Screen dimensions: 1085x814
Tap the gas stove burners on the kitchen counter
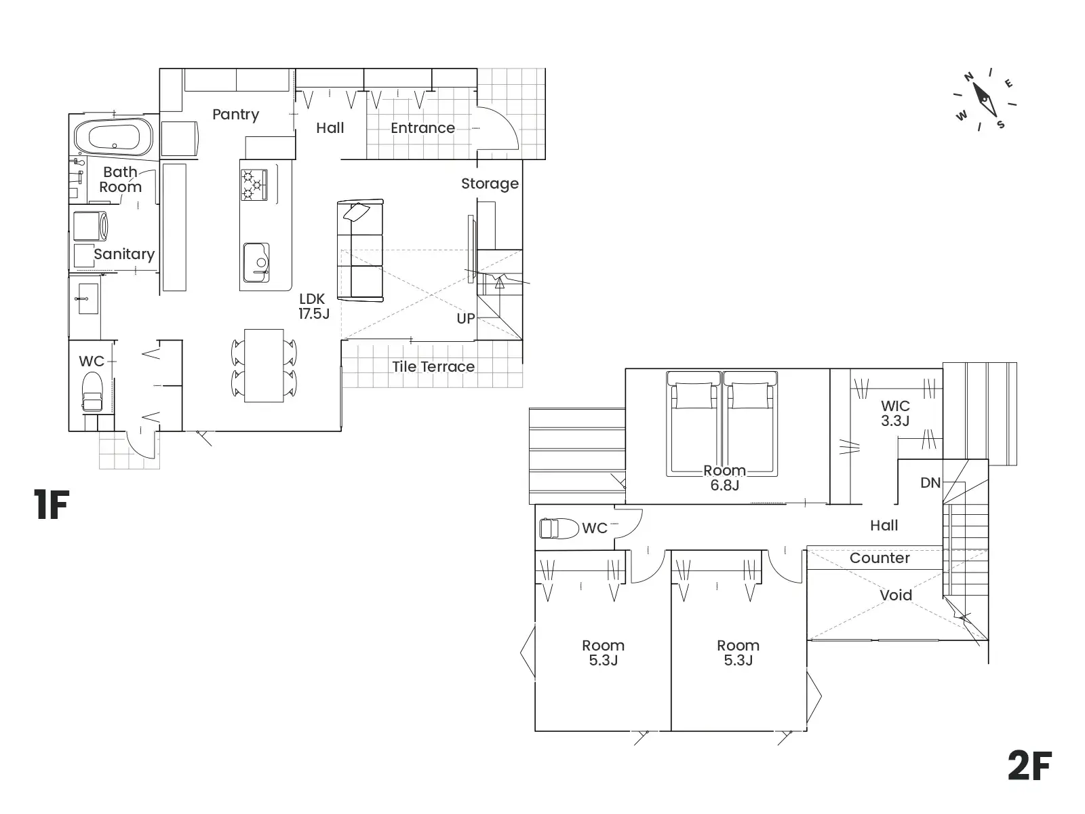click(x=254, y=185)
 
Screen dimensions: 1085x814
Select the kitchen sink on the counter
click(x=256, y=263)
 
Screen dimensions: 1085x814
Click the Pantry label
click(x=236, y=115)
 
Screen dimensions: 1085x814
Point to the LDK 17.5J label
click(x=313, y=306)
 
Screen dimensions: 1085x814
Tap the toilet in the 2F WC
click(x=559, y=528)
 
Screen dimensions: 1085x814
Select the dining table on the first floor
click(x=264, y=365)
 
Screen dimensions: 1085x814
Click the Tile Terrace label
click(x=433, y=367)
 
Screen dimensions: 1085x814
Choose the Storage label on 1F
click(x=490, y=184)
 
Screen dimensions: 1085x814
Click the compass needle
click(x=985, y=99)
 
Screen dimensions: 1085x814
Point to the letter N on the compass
click(x=969, y=77)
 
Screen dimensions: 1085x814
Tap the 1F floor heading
click(x=52, y=504)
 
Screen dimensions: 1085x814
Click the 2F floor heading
click(x=1029, y=765)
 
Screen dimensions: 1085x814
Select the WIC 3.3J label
click(x=895, y=413)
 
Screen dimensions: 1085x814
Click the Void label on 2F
click(x=896, y=595)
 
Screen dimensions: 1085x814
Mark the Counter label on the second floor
click(x=880, y=558)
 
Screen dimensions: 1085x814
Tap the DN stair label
click(x=930, y=483)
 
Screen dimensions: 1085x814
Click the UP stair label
click(x=466, y=319)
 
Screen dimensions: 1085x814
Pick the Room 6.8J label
click(x=725, y=478)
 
